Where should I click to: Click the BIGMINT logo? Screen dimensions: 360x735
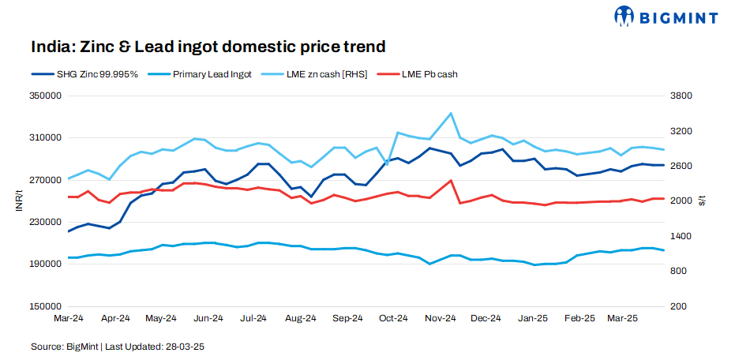pyautogui.click(x=666, y=15)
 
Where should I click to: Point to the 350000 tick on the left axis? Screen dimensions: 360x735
pyautogui.click(x=45, y=96)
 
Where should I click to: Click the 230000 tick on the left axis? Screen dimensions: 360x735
pyautogui.click(x=45, y=222)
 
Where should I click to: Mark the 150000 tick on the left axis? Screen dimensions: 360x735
pyautogui.click(x=45, y=306)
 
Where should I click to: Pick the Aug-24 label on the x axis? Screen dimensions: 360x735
pyautogui.click(x=301, y=318)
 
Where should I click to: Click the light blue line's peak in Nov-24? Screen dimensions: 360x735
pyautogui.click(x=450, y=114)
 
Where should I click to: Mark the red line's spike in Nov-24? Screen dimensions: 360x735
pyautogui.click(x=450, y=181)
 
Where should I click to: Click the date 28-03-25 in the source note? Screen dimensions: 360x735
pyautogui.click(x=187, y=347)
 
